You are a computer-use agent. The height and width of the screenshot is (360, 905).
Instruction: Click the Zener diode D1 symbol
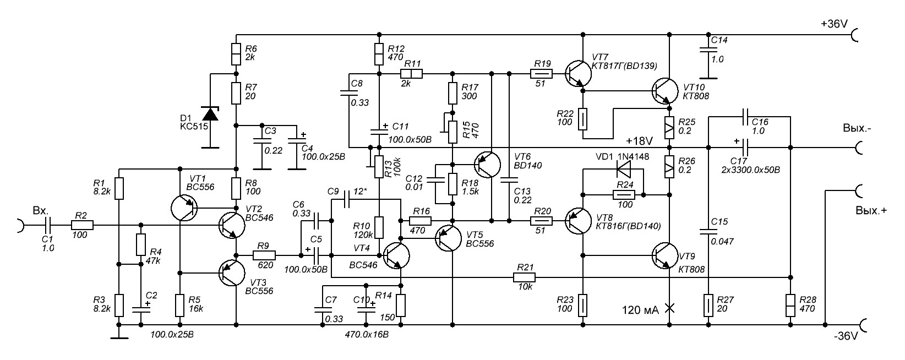point(210,114)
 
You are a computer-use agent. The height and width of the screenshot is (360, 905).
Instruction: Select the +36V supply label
point(835,25)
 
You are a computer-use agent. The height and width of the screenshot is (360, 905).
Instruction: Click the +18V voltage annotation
point(639,140)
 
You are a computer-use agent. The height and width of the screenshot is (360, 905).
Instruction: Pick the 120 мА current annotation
point(640,310)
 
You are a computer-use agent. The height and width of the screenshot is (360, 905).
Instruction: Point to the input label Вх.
point(41,211)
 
